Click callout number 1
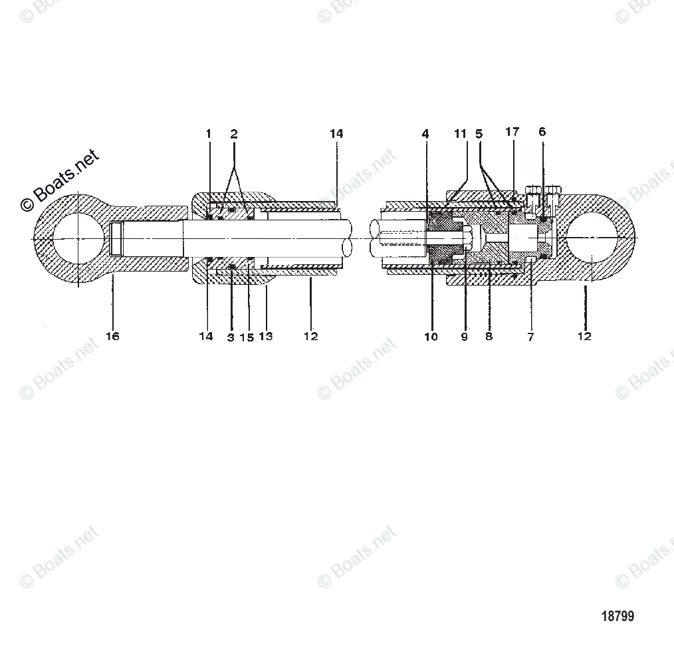208,134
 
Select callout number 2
234,134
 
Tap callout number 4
425,134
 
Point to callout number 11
461,134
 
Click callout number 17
512,132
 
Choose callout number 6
542,132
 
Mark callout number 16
113,336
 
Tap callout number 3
231,337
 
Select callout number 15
247,337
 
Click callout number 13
265,336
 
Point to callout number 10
431,337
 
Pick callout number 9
464,337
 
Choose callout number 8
489,337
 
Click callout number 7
530,337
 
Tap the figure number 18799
618,616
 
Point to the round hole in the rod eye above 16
78,238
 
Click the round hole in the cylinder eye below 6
592,238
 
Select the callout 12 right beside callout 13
310,336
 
